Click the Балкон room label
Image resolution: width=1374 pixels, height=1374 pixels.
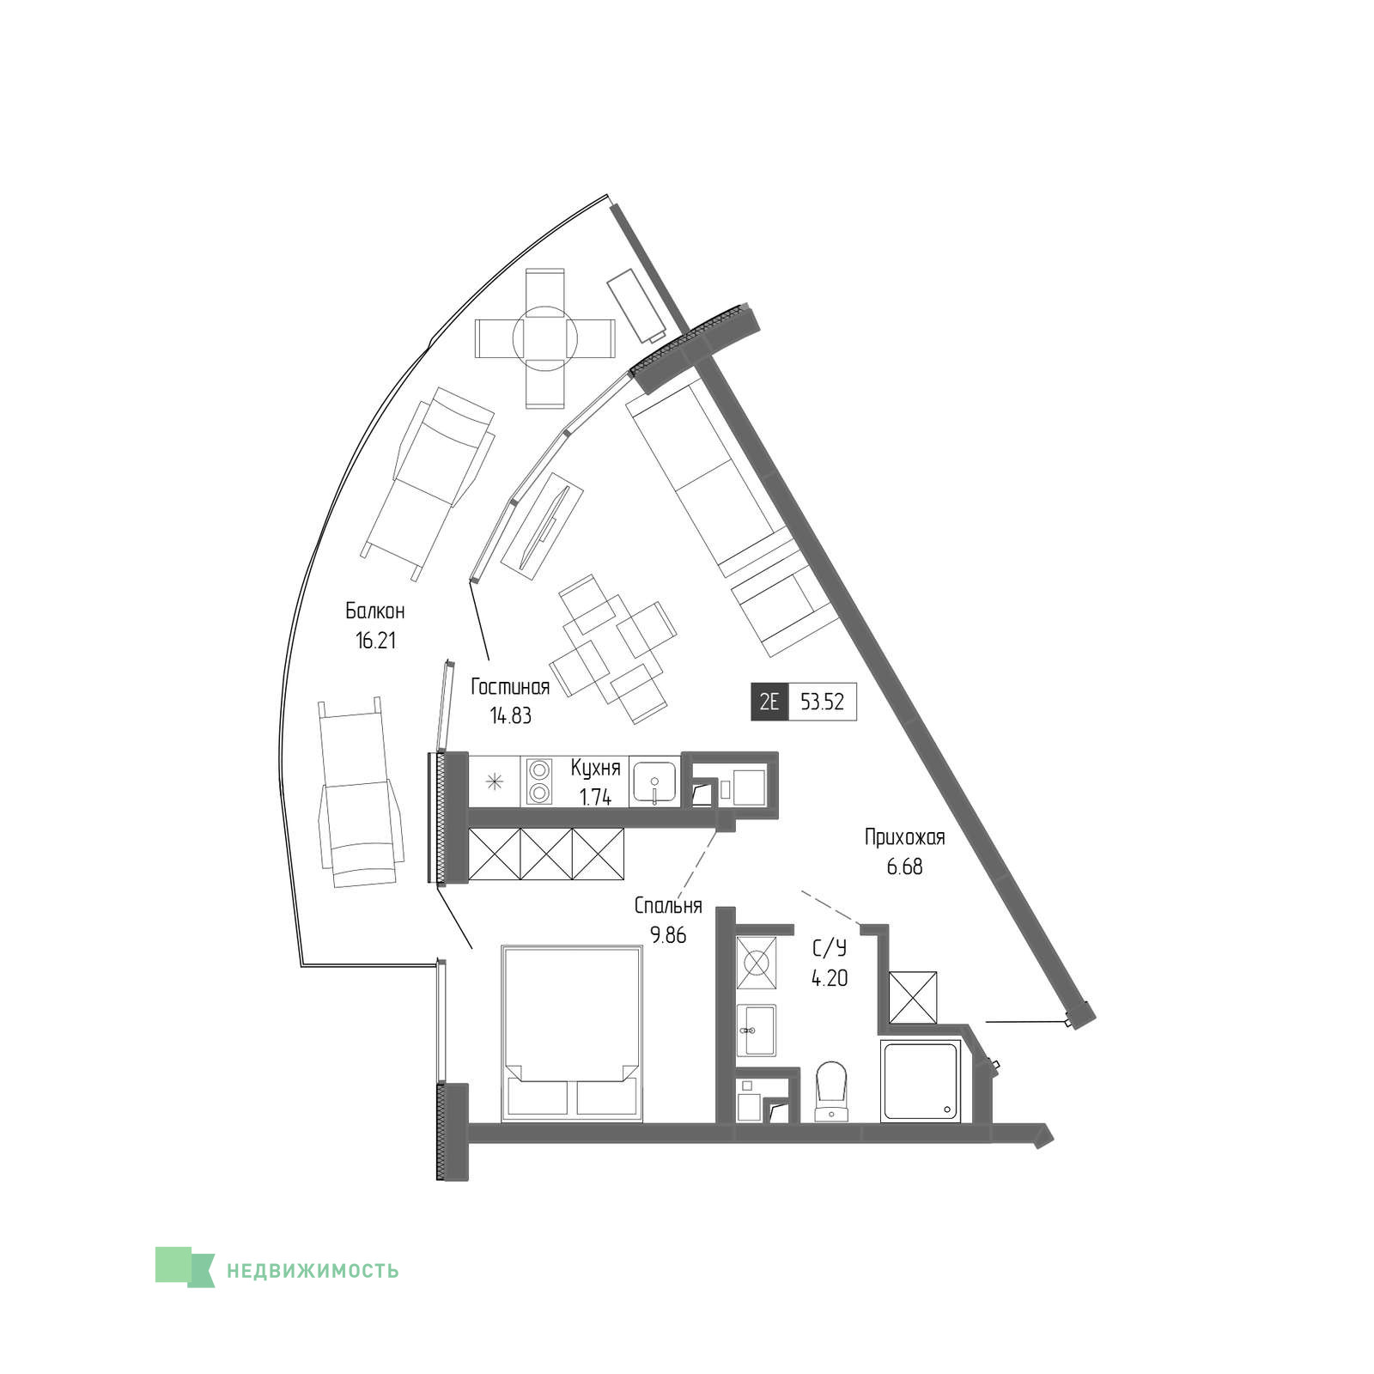[375, 611]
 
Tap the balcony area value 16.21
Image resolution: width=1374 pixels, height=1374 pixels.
[376, 641]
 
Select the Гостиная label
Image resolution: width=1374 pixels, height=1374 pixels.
[510, 687]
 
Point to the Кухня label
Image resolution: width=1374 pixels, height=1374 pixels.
[595, 768]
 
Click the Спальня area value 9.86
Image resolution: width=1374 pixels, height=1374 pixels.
[668, 935]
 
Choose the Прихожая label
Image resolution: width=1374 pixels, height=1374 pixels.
[905, 837]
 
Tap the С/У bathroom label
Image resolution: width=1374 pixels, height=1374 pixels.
[830, 949]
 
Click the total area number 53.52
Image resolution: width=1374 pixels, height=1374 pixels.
[823, 702]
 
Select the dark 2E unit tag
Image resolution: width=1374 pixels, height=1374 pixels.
[769, 702]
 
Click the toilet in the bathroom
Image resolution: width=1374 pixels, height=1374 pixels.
[830, 1091]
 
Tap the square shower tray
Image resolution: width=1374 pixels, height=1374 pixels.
[921, 1081]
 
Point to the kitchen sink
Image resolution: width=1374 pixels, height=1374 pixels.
[654, 781]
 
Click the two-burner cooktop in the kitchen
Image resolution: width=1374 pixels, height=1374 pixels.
[539, 781]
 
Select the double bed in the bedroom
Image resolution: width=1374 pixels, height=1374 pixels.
[573, 1033]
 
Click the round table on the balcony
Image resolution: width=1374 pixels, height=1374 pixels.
[545, 337]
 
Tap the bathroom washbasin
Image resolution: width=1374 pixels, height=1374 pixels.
[757, 1030]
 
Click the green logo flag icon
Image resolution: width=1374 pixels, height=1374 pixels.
[185, 1267]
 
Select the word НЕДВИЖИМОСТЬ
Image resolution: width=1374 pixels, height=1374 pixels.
[313, 1270]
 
